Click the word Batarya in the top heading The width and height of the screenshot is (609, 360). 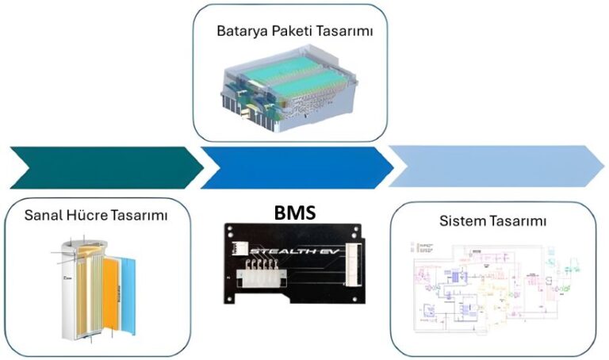coord(239,33)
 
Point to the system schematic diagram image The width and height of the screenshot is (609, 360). coord(493,289)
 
